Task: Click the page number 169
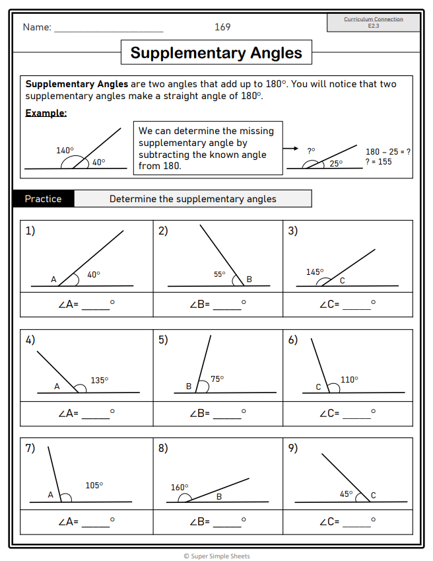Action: pyautogui.click(x=222, y=27)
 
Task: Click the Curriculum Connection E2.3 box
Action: pyautogui.click(x=374, y=22)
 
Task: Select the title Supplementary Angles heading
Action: pyautogui.click(x=216, y=53)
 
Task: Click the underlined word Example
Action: pyautogui.click(x=46, y=113)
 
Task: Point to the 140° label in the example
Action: pyautogui.click(x=65, y=150)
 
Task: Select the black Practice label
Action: pyautogui.click(x=43, y=199)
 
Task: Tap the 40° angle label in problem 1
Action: pyautogui.click(x=94, y=274)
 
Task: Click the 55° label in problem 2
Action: pyautogui.click(x=220, y=274)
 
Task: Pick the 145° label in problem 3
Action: pyautogui.click(x=315, y=272)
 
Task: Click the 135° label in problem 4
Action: pyautogui.click(x=99, y=380)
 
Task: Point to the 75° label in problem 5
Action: pyautogui.click(x=217, y=379)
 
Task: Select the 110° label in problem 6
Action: pyautogui.click(x=349, y=379)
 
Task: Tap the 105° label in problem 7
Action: pyautogui.click(x=94, y=485)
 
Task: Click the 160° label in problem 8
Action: pyautogui.click(x=180, y=488)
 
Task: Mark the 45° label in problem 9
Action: pyautogui.click(x=347, y=493)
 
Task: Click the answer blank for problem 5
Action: pyautogui.click(x=227, y=416)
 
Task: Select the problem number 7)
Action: pyautogui.click(x=30, y=448)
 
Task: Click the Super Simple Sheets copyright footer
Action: pyautogui.click(x=216, y=556)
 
